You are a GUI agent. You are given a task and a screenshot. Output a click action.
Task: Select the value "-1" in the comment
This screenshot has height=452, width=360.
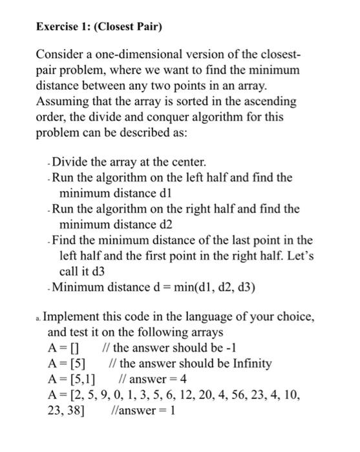(213, 349)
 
